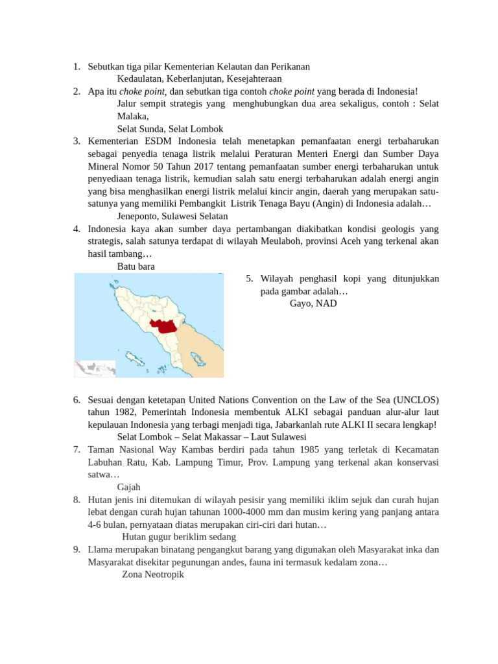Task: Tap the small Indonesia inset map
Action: pyautogui.click(x=95, y=368)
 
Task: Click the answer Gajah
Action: pyautogui.click(x=128, y=486)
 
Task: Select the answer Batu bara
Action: pyautogui.click(x=136, y=267)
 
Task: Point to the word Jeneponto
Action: pyautogui.click(x=140, y=216)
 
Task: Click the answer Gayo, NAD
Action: pyautogui.click(x=313, y=303)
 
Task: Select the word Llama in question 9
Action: pyautogui.click(x=101, y=549)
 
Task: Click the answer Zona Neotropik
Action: pyautogui.click(x=153, y=575)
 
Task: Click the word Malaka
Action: pyautogui.click(x=132, y=116)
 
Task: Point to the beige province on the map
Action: pyautogui.click(x=201, y=344)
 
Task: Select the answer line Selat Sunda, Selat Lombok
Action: pyautogui.click(x=170, y=128)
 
